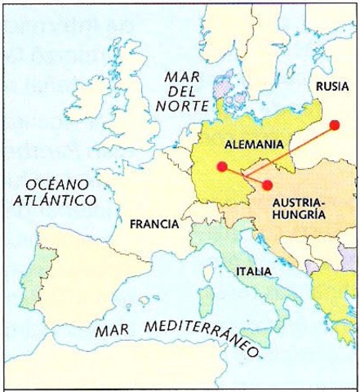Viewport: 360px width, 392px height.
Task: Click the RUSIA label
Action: coord(331,86)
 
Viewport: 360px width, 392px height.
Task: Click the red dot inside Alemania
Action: coord(221,167)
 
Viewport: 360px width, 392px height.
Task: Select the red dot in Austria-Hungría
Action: coord(268,185)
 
